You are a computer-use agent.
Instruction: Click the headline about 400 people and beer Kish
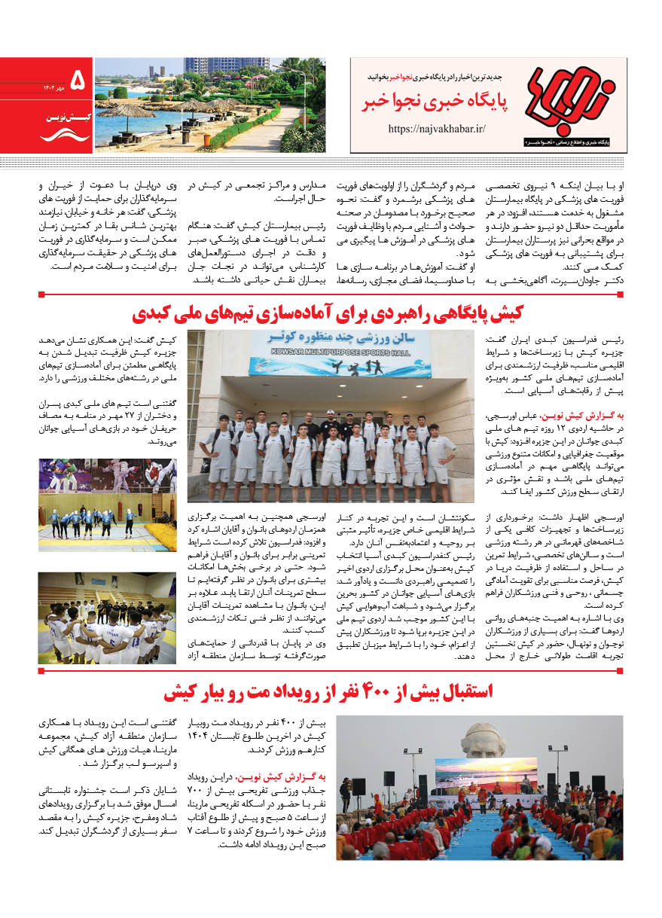(328, 692)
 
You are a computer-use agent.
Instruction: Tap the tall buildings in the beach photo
(226, 66)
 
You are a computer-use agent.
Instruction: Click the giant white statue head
(483, 740)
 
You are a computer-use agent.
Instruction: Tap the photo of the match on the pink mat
(107, 475)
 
